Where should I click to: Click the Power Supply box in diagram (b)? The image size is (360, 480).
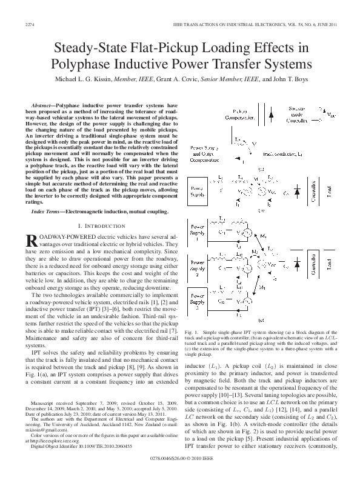(x=199, y=192)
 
